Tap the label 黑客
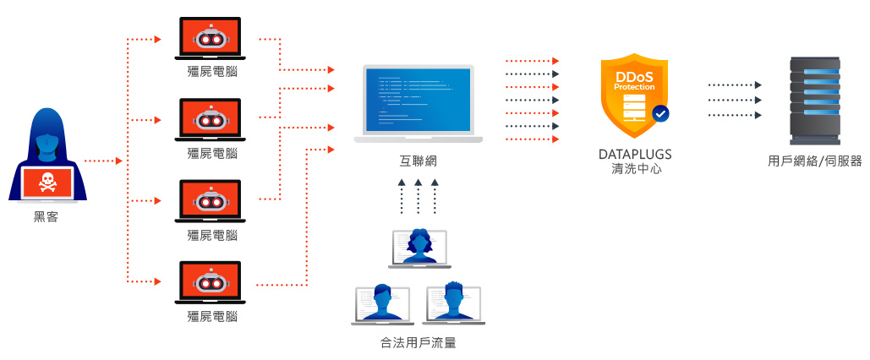coord(47,217)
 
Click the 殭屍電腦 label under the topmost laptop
coord(211,72)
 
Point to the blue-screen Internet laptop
coord(418,101)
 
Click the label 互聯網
coord(418,161)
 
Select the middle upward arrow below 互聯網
coord(418,196)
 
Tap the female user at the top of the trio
coord(419,247)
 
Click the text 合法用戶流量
coord(418,343)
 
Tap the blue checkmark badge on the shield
coord(660,112)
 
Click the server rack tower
coord(814,99)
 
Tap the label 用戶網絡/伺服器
coord(814,161)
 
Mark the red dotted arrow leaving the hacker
coord(104,160)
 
